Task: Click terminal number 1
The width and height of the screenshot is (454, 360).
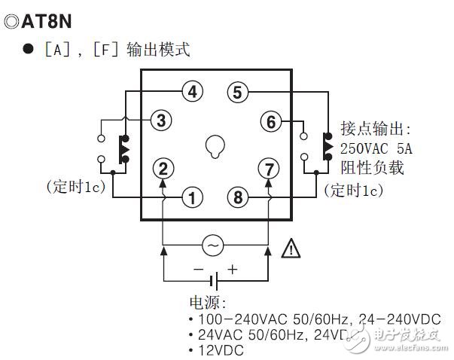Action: [193, 198]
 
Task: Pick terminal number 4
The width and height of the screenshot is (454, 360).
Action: [193, 93]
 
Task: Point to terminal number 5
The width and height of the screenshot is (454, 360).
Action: [238, 93]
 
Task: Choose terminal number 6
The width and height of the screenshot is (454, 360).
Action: [271, 121]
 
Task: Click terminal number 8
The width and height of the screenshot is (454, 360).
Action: [239, 198]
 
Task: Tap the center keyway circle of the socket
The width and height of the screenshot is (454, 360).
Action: [215, 145]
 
